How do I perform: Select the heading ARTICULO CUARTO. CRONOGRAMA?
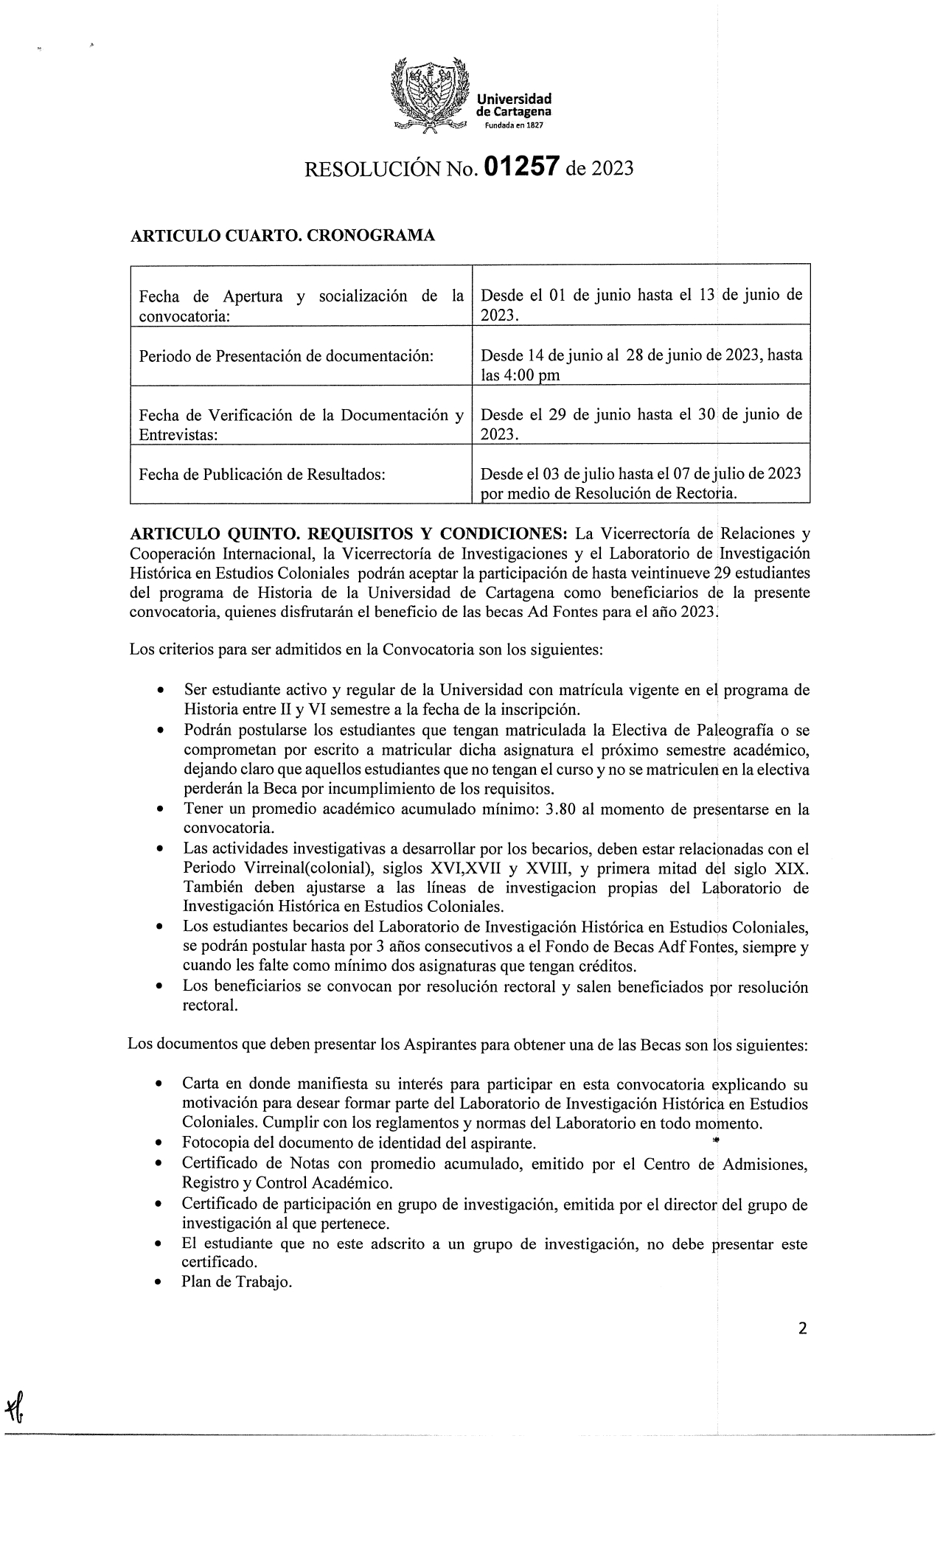click(x=282, y=236)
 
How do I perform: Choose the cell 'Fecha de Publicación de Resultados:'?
click(x=262, y=474)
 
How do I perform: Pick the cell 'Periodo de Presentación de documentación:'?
click(x=285, y=355)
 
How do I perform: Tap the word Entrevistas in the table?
click(x=178, y=435)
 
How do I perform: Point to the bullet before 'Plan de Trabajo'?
click(x=159, y=1283)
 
